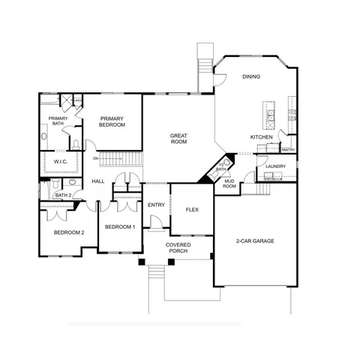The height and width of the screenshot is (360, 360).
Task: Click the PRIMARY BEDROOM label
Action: tap(112, 121)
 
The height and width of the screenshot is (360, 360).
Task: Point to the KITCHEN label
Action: tap(261, 137)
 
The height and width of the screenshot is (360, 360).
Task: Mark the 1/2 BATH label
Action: tap(220, 167)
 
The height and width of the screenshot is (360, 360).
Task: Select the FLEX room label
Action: tap(193, 209)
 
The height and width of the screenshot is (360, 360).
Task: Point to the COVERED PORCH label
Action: tap(178, 248)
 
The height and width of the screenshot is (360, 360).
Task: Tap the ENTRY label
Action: tap(156, 205)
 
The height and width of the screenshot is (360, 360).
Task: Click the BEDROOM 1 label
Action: tap(120, 226)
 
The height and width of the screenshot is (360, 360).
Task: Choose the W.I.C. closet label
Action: tap(61, 161)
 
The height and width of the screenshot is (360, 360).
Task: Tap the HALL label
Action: tap(97, 181)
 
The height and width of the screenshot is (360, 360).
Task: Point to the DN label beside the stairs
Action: tap(96, 158)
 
